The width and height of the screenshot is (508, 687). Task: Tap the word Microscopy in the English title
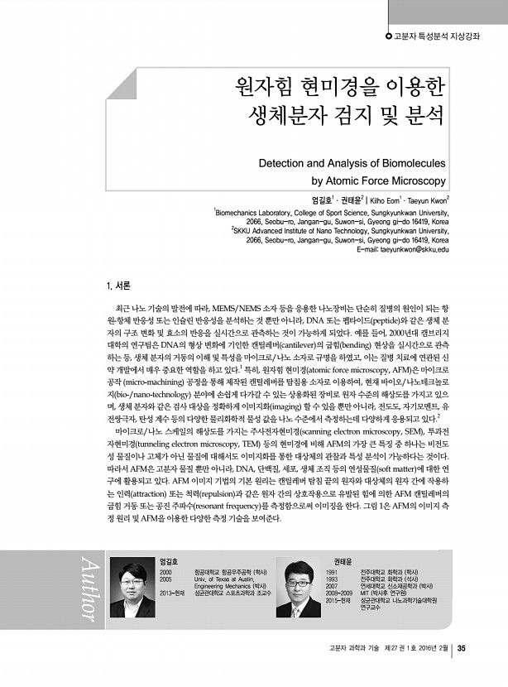(415, 180)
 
